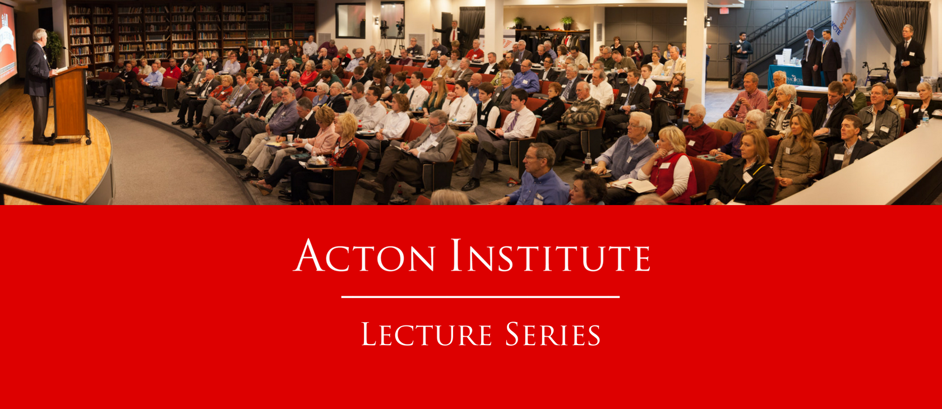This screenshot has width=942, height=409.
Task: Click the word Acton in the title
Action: pos(364,255)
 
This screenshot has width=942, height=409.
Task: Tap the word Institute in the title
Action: pos(551,255)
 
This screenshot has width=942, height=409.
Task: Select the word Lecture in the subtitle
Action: pos(426,334)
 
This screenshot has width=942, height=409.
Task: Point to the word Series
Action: pos(553,334)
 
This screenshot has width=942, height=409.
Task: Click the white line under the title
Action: pos(480,297)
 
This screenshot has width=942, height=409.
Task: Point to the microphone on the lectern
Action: pos(71,55)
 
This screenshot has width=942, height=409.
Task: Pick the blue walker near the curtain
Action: pos(876,73)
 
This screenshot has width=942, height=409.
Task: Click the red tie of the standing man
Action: pos(454,35)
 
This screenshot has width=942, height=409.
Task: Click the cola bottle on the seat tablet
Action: pos(588,161)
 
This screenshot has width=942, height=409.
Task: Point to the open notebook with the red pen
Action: pos(633,185)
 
